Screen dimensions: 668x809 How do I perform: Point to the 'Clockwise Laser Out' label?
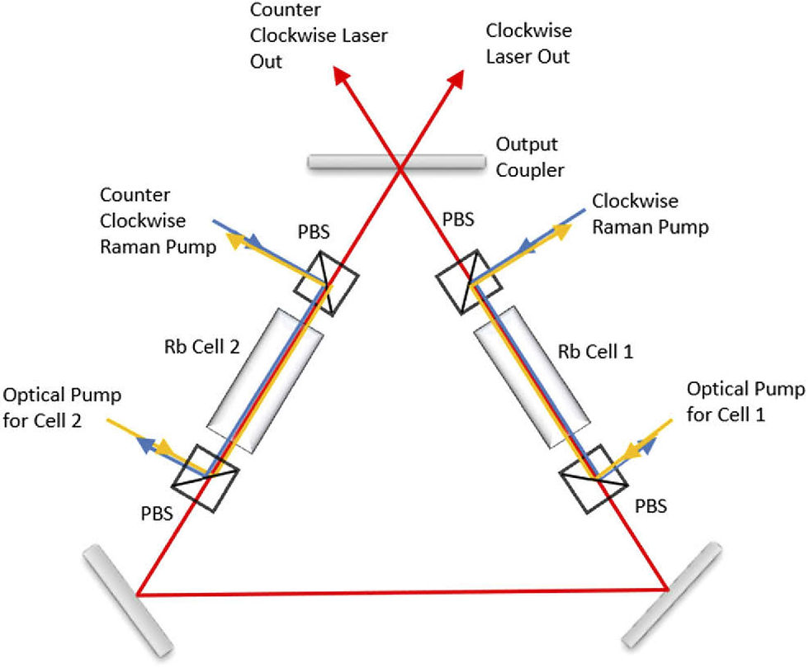[x=528, y=45]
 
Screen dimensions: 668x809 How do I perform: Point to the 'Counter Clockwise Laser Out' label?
[x=318, y=37]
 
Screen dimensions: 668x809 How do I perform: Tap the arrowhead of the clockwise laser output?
[x=457, y=77]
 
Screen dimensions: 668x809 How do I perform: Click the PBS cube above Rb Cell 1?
[x=468, y=282]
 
